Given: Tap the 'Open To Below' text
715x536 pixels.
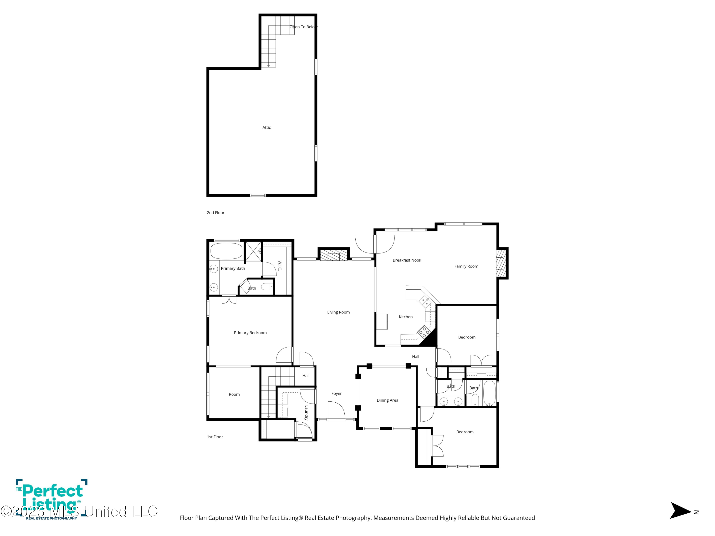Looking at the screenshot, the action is click(303, 27).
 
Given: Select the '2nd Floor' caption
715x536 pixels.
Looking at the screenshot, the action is click(216, 212).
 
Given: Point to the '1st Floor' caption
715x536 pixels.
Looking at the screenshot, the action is click(215, 437).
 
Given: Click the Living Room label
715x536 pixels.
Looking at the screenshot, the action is click(338, 312).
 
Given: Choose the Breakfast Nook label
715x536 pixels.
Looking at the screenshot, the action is click(407, 260).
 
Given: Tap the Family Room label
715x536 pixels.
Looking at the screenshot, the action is click(466, 266).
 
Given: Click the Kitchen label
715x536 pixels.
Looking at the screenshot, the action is click(406, 317).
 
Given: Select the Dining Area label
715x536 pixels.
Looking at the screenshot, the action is click(388, 400).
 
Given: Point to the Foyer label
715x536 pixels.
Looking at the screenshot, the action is click(337, 394).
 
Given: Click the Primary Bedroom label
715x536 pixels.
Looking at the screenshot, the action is click(250, 333).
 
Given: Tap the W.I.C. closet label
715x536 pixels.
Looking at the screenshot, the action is click(280, 266).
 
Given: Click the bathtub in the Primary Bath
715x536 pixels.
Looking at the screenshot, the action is click(226, 251).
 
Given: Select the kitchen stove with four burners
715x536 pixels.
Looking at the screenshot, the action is click(424, 332).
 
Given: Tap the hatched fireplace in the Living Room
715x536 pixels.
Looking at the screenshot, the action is click(334, 255).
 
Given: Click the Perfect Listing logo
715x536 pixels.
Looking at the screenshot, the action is click(52, 499).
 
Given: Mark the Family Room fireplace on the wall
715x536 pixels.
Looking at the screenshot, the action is click(502, 263).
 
